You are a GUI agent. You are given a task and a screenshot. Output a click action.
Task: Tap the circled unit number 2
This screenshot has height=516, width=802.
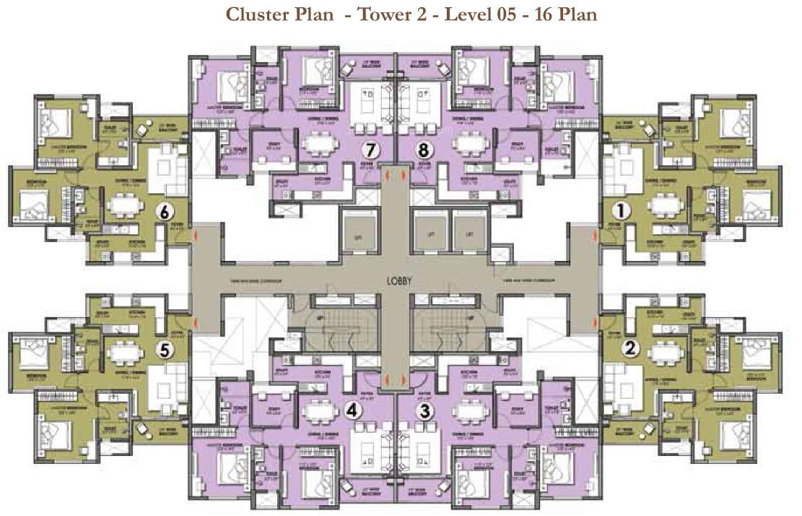coord(632,348)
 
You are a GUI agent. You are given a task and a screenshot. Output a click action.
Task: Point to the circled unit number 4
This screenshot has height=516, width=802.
coord(352,410)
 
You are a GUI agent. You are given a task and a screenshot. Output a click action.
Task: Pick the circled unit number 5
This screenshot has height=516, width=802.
coord(165,350)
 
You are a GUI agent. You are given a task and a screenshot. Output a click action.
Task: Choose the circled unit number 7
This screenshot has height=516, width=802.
coord(371,150)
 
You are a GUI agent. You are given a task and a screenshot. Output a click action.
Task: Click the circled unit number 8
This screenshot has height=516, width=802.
coord(424,150)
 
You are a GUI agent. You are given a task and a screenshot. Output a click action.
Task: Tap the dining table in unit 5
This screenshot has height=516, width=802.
coord(126,353)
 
